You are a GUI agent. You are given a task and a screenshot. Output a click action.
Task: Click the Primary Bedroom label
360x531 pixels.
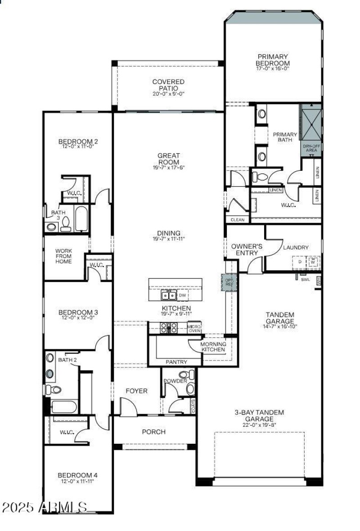[273, 60]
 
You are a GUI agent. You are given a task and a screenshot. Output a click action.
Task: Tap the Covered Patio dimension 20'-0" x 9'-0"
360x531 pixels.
[168, 94]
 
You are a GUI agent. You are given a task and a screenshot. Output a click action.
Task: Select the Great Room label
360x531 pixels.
[168, 159]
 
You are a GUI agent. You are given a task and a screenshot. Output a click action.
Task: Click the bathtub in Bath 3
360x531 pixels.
[81, 218]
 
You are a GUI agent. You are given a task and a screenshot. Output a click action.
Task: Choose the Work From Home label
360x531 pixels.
[63, 256]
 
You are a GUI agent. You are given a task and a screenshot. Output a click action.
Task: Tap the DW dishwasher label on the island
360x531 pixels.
[182, 295]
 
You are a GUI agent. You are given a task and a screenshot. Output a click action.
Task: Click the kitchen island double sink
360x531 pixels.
[169, 295]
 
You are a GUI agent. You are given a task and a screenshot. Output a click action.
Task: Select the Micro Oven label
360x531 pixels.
[194, 328]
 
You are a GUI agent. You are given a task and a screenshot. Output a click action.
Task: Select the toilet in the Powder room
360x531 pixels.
[184, 375]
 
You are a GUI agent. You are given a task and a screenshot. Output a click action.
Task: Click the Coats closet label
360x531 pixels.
[193, 407]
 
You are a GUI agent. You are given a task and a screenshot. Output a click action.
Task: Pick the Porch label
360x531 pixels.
[153, 432]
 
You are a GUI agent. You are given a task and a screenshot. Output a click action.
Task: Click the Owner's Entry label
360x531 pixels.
[247, 250]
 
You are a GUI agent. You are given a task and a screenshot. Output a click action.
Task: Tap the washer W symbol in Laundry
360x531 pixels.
[314, 261]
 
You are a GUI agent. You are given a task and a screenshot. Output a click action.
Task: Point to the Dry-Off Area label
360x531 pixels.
[311, 148]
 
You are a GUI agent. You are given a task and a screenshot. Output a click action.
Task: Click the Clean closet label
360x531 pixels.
[237, 220]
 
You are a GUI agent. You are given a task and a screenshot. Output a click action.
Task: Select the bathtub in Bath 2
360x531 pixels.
[63, 406]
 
